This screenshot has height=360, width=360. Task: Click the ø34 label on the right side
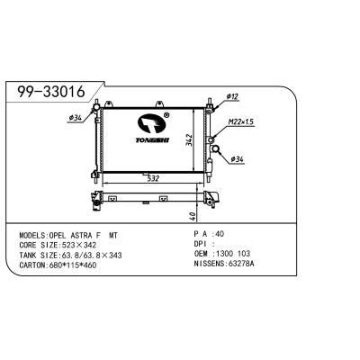(238, 159)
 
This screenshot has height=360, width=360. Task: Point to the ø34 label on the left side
(75, 116)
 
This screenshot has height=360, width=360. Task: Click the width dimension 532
(152, 178)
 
